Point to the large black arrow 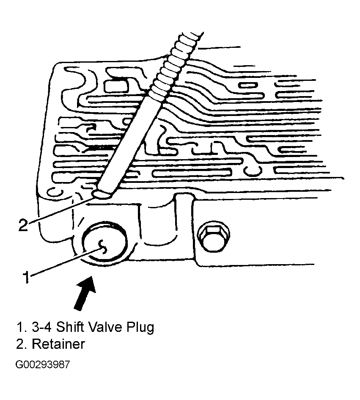tap(85, 293)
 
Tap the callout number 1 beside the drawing tap(26, 278)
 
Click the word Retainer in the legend tap(58, 344)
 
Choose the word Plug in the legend tap(140, 328)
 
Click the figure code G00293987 tap(42, 364)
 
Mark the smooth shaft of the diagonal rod tap(130, 146)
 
